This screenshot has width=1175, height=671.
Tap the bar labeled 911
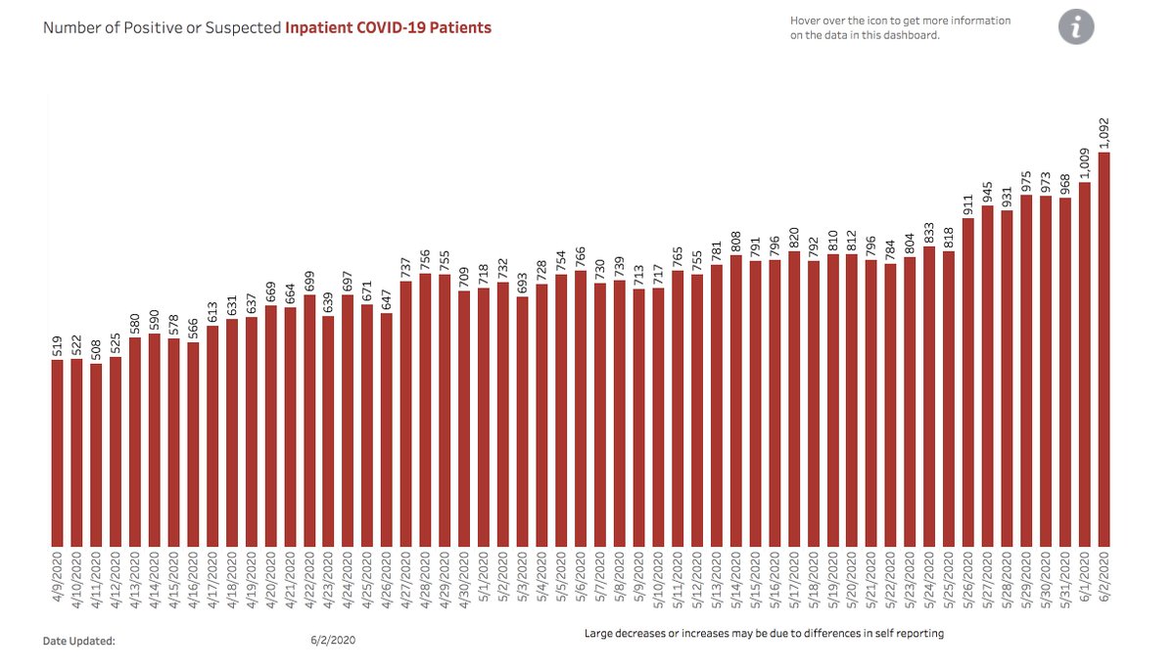click(x=968, y=382)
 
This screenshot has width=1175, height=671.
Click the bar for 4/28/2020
click(x=426, y=410)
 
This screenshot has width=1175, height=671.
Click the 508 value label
click(x=96, y=349)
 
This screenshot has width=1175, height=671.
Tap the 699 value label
click(x=309, y=282)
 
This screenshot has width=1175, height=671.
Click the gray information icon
click(x=1075, y=27)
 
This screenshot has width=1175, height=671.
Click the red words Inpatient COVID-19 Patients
click(x=388, y=27)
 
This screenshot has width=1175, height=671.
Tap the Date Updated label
click(x=79, y=641)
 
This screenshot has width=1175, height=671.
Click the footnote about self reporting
click(x=764, y=633)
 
